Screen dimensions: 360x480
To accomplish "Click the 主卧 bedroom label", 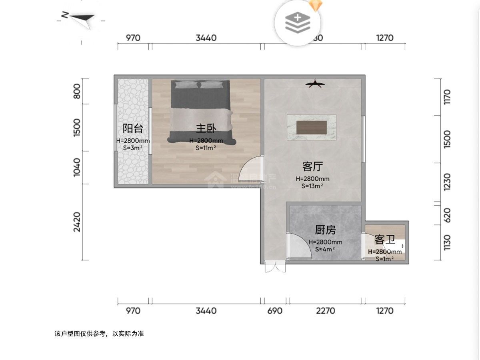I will click(206, 128).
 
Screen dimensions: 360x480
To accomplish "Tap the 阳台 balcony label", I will click(132, 128).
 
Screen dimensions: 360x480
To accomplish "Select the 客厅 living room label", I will click(312, 166).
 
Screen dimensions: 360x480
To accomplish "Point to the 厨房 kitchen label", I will click(325, 230).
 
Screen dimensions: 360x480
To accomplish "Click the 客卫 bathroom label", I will click(385, 240).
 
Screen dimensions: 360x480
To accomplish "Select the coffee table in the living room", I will click(312, 128).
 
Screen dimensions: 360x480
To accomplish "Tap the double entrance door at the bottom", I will click(275, 267).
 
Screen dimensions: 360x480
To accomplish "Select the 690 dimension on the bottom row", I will click(275, 311).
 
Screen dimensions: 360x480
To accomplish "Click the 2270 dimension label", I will click(325, 311).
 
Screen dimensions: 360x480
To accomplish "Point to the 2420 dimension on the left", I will click(77, 222).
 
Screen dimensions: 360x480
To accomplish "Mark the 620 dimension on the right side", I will click(447, 215).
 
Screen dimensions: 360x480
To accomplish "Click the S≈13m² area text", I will click(312, 186).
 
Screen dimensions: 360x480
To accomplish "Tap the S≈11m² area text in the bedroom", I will click(206, 148).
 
